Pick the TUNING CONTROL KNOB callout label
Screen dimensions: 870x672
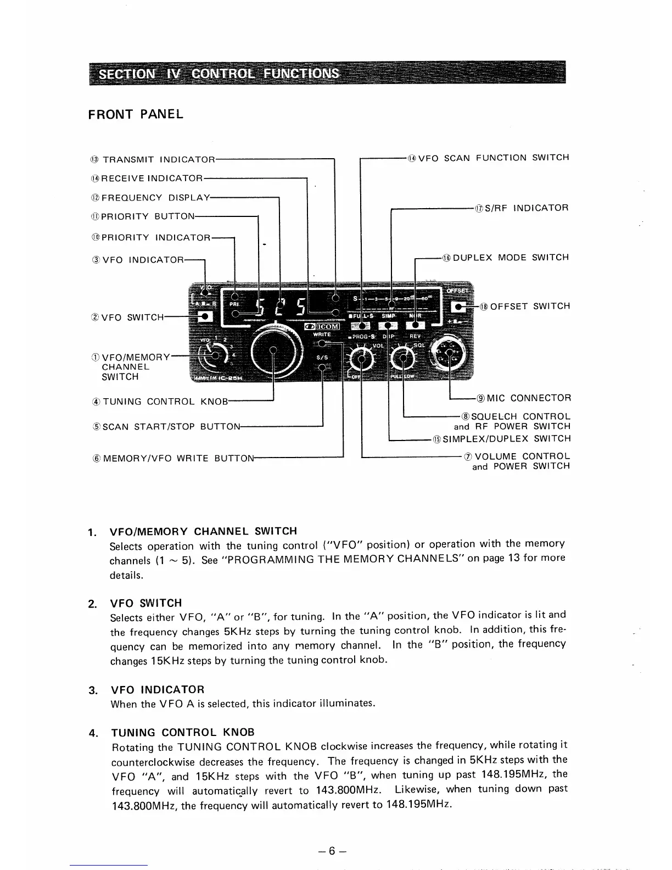tap(164, 401)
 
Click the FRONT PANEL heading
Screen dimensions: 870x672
tap(135, 114)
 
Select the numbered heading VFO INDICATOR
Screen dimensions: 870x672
tap(158, 689)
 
